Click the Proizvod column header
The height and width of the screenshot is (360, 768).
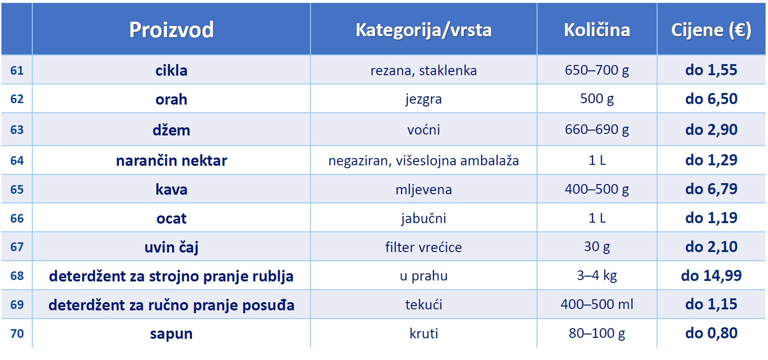pos(172,30)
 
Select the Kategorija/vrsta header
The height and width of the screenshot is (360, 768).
pos(423,30)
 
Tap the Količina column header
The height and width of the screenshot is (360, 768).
pos(597,30)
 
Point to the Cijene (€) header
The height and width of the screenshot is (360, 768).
pos(711,30)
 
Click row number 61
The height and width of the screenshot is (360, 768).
pos(17,70)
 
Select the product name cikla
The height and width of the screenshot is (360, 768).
pos(172,71)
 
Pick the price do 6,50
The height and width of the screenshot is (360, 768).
pos(711,99)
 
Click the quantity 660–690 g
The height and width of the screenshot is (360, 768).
pos(597,130)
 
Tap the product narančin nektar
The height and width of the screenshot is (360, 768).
pos(172,160)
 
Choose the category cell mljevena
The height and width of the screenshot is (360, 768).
pos(423,189)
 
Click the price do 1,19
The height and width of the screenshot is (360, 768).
pos(711,218)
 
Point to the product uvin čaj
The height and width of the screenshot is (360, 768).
pos(172,247)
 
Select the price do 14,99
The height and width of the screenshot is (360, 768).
pos(711,276)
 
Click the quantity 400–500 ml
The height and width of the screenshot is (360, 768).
pos(597,305)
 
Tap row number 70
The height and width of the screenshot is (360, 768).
pos(17,333)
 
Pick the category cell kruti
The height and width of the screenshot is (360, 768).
pos(423,333)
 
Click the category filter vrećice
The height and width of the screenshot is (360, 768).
pos(423,247)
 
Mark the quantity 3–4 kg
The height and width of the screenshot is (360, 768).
pos(597,276)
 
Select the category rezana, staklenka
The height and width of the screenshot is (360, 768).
pos(423,71)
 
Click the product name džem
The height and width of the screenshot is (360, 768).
pos(172,130)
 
